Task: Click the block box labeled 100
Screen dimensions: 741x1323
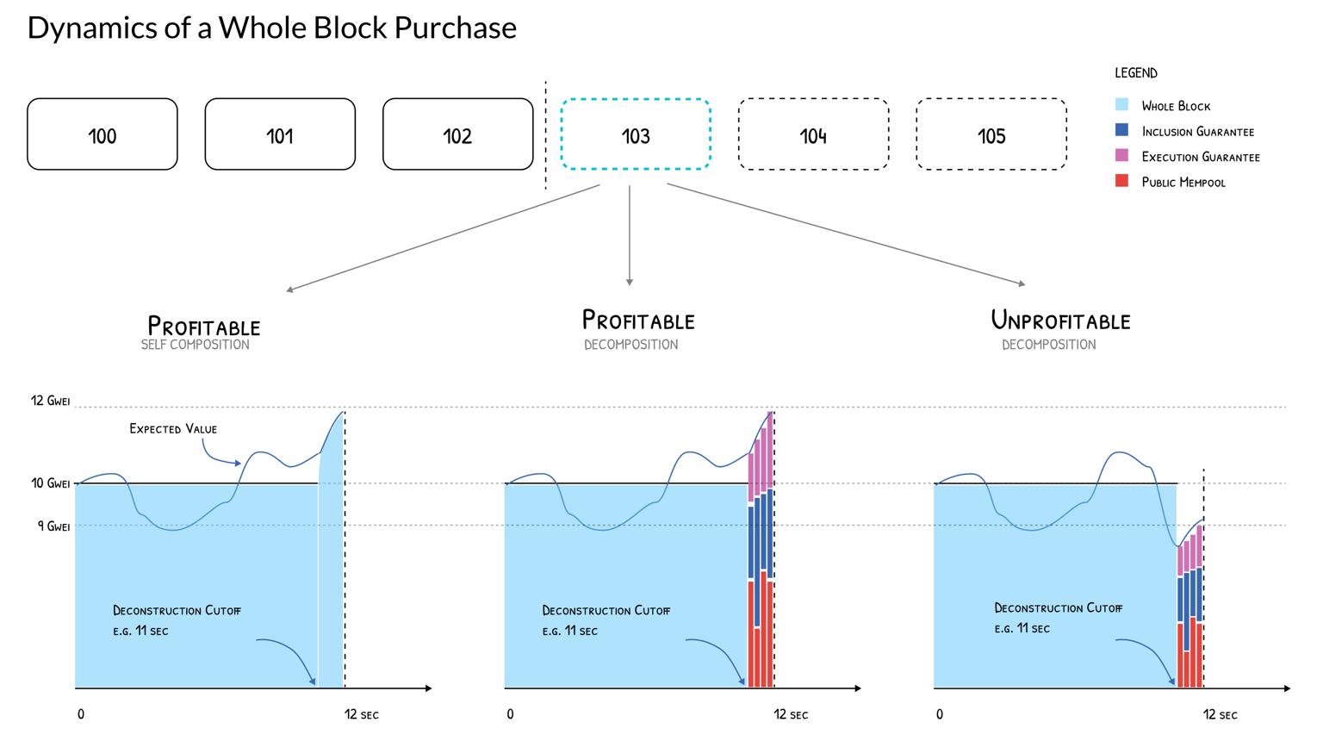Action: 102,134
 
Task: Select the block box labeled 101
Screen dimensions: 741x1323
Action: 280,134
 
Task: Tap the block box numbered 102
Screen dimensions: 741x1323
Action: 457,134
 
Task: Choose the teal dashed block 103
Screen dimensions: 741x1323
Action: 636,134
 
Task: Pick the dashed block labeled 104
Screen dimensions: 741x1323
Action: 813,134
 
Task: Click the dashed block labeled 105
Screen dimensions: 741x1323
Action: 991,134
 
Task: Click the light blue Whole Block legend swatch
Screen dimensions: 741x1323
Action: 1121,105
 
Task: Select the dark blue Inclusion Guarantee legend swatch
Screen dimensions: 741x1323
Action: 1121,130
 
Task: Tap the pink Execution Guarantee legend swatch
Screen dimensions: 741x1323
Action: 1121,156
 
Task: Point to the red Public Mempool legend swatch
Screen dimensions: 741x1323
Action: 1121,181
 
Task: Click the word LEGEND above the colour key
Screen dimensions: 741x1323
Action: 1136,73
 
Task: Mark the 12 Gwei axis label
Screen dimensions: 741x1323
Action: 50,401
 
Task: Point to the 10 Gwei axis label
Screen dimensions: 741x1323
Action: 50,483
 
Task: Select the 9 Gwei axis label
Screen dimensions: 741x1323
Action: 53,526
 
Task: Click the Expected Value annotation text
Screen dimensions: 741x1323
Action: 173,428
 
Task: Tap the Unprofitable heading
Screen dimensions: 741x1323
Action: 1060,321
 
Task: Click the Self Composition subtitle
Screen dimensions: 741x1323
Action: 196,345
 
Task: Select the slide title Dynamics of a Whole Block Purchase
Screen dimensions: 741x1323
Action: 272,28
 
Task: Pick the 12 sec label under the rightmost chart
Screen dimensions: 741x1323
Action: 1221,714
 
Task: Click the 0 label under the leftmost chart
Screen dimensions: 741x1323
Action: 81,714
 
